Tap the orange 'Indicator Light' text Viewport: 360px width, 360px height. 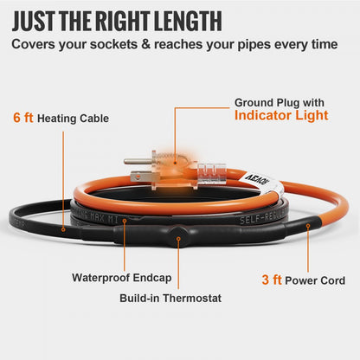tap(281, 115)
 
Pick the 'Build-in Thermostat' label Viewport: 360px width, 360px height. tap(170, 298)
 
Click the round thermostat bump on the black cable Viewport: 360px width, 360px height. tap(176, 236)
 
